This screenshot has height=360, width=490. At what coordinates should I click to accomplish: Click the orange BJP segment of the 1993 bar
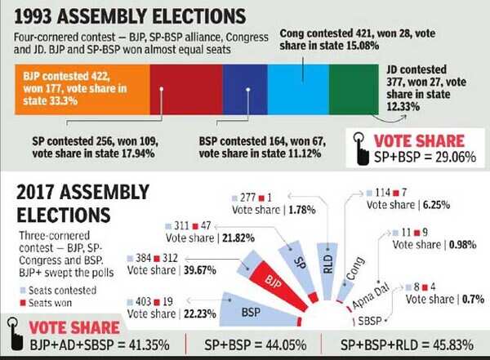point(82,89)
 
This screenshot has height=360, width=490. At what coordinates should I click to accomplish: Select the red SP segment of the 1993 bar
point(186,89)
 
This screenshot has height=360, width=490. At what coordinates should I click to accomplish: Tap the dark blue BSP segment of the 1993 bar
point(245,89)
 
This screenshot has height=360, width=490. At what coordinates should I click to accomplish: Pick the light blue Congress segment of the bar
point(298,89)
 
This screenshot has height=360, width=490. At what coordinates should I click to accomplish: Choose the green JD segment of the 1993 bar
point(354,89)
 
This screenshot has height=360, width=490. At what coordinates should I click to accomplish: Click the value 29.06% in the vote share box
point(456,157)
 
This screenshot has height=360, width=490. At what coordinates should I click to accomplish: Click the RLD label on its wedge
point(327,264)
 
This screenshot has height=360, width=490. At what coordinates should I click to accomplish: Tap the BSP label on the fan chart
point(251,312)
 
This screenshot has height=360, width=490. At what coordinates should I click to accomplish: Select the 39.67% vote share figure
point(200,270)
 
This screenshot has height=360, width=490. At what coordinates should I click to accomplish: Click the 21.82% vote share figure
point(238,238)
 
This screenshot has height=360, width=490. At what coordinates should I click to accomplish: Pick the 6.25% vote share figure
point(436,205)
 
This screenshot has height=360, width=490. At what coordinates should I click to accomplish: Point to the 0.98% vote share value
point(462,245)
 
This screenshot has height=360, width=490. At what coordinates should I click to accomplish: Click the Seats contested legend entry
point(58,291)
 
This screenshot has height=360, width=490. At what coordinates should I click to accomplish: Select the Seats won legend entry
point(46,303)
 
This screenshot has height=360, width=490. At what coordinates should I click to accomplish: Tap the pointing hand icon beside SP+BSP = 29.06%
point(361,149)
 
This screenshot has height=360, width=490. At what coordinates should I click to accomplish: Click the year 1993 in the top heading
point(33,16)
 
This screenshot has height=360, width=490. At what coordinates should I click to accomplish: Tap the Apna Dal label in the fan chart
point(371,296)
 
